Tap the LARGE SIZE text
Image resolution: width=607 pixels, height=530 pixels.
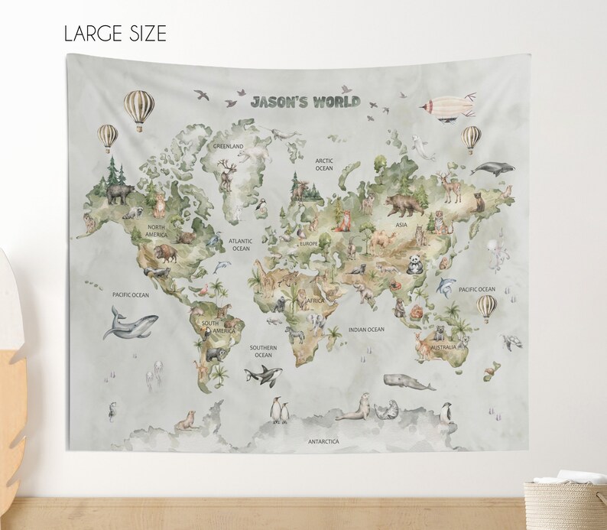[x=115, y=34]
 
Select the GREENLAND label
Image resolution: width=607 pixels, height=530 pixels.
[x=228, y=145]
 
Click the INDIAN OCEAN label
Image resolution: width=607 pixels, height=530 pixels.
[x=366, y=330]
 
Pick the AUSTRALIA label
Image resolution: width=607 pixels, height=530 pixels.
[x=443, y=347]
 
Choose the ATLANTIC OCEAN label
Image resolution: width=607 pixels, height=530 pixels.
[x=241, y=245]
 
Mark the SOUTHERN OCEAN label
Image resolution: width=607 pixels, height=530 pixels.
[x=263, y=351]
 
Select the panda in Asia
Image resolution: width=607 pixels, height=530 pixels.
[x=414, y=264]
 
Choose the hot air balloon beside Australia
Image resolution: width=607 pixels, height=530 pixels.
[x=486, y=307]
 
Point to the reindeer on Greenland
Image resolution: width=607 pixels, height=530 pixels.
[x=226, y=175]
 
